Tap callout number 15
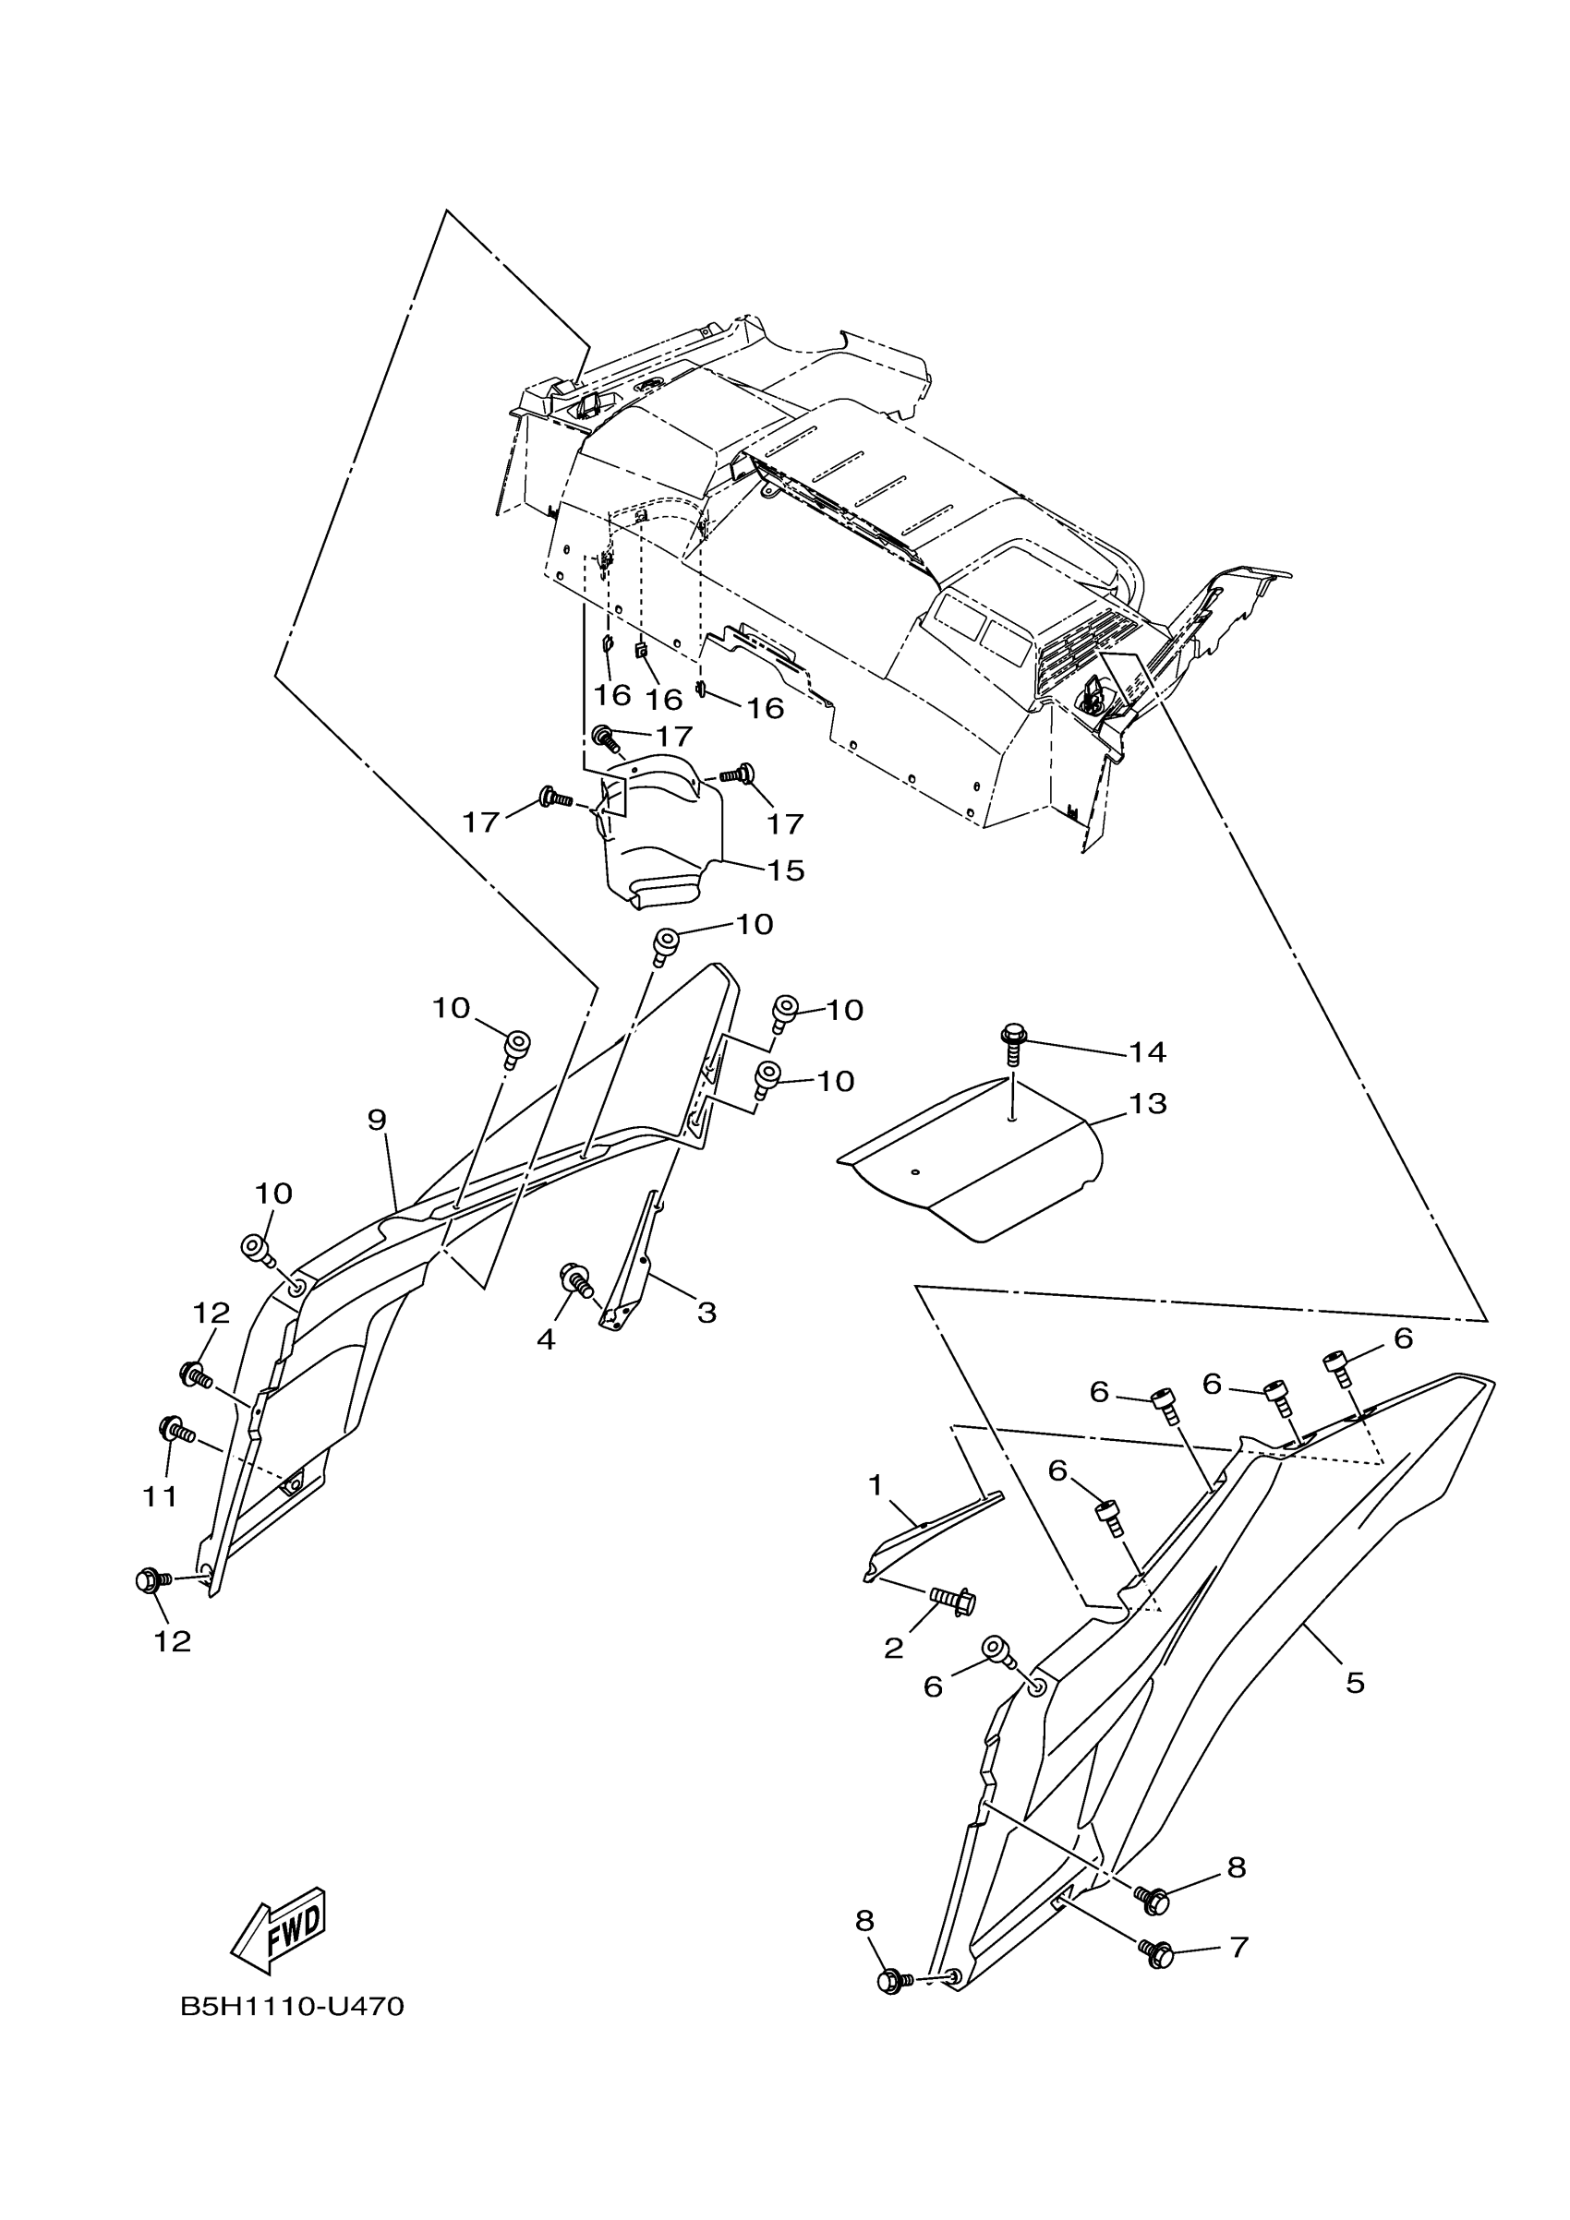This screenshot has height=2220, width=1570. coord(786,870)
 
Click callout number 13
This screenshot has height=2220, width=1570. coord(1148,1103)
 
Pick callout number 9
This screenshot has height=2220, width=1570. coord(378,1120)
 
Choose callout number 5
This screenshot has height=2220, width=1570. coord(1355,1684)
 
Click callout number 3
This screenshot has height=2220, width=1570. coord(707,1312)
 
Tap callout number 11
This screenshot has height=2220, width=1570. coord(161,1496)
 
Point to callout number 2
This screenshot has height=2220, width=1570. coord(893,1649)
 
